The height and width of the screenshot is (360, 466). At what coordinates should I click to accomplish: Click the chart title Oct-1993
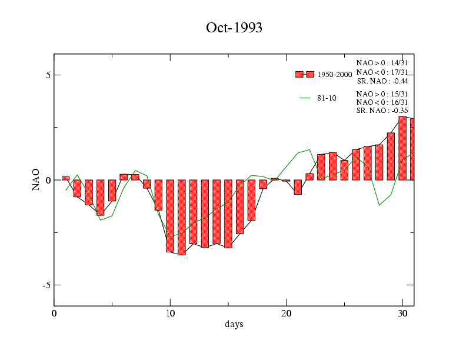coord(234,28)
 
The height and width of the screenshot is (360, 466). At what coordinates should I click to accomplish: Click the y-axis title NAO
coord(36,179)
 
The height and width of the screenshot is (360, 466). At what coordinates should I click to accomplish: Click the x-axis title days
coord(234,324)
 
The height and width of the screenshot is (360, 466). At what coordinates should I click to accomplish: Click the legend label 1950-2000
coord(334,75)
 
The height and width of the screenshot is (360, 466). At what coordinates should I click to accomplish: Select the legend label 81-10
coord(327,98)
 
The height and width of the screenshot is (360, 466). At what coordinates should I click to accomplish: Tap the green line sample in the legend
coord(305,98)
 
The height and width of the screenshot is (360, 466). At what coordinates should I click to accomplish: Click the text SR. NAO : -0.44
coord(382,81)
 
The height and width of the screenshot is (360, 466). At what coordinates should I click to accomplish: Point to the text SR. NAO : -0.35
coord(382,110)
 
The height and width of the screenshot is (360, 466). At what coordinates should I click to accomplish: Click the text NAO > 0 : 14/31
coord(382,62)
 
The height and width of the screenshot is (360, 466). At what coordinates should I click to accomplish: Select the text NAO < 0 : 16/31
coord(382,102)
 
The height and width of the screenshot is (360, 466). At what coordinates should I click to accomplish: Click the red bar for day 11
coord(182,217)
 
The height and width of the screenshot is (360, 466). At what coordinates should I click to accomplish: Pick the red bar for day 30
coord(402,148)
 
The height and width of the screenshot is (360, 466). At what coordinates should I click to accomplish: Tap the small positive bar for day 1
coord(65,178)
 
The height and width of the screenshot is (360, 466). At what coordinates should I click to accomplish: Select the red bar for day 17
coord(251,200)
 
